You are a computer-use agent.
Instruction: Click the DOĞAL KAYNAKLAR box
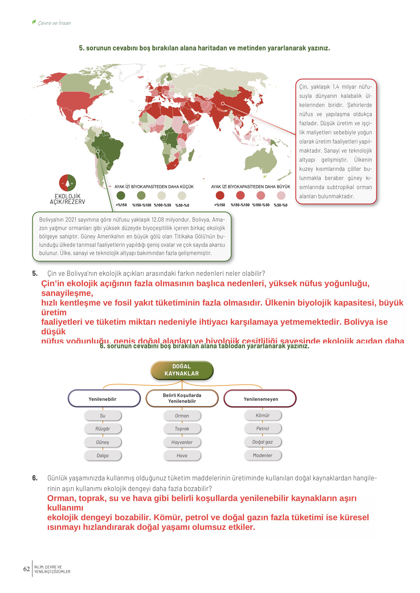182,370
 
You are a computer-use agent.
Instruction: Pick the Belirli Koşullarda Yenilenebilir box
182,398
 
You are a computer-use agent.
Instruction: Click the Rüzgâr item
103,429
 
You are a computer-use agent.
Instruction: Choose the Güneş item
103,442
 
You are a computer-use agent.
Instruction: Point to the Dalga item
103,456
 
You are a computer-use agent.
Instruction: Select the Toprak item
182,429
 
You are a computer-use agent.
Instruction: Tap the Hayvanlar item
182,442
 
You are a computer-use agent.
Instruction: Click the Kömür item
263,415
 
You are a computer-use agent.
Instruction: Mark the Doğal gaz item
263,442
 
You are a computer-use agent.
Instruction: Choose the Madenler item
263,455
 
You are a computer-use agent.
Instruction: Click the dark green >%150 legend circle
121,195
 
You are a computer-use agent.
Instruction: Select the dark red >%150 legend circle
220,195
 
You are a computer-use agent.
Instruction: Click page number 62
26,569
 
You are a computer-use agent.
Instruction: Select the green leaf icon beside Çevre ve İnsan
34,22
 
